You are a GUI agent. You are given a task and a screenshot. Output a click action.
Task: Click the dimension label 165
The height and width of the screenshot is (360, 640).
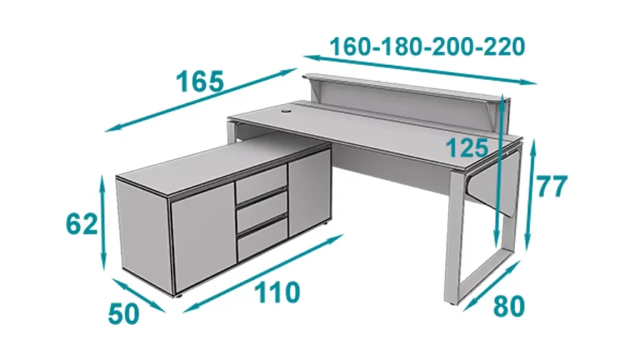click(200, 81)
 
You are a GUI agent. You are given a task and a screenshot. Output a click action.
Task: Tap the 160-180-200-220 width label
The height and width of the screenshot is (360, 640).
click(427, 46)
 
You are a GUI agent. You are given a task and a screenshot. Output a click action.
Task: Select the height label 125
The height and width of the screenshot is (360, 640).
click(467, 147)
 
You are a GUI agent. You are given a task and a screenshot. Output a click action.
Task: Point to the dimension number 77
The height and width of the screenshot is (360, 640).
click(551, 186)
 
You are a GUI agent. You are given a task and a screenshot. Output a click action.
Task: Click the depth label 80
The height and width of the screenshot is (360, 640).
click(509, 306)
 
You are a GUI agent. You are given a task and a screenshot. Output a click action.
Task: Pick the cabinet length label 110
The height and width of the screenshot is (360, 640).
click(277, 292)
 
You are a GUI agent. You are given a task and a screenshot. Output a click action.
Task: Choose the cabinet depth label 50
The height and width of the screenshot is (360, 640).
click(124, 314)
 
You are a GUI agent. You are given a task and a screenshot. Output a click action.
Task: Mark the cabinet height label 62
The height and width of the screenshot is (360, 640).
click(82, 224)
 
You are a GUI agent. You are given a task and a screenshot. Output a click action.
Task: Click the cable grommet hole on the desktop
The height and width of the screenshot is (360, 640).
click(285, 110)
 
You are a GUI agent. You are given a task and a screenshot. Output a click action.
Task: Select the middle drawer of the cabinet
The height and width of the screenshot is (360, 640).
click(262, 211)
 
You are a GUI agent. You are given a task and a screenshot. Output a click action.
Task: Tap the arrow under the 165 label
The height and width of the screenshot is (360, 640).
click(201, 100)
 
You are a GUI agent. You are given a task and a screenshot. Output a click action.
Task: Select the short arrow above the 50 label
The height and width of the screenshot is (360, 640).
click(139, 296)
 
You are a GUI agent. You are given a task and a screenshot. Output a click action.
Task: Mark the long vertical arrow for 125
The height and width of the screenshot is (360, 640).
click(499, 171)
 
